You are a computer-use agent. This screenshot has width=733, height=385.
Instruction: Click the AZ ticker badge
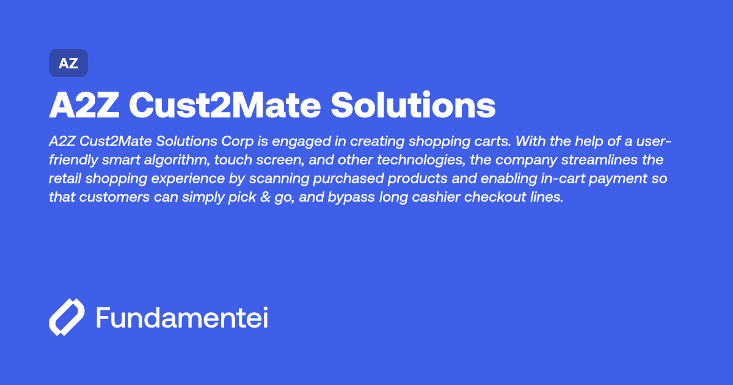point(68,63)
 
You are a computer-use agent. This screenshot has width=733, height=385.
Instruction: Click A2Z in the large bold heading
point(83,106)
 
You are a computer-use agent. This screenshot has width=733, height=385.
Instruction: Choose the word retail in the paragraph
point(65,180)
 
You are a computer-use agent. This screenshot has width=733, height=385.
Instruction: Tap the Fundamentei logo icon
point(67,318)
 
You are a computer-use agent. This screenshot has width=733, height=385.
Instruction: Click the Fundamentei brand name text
point(182,318)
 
